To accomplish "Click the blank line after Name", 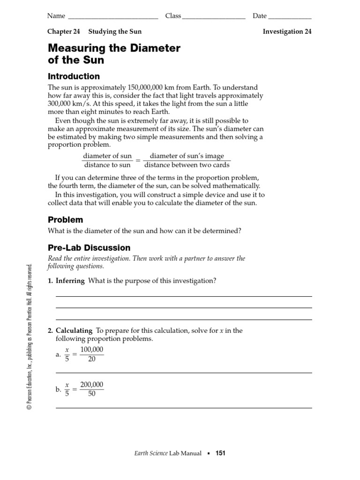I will tap(113, 17).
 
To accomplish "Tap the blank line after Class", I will tap(214, 17).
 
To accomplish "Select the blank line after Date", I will tap(290, 17).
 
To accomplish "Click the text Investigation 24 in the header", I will tap(287, 32).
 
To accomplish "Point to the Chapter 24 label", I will tap(63, 32).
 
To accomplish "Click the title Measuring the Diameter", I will tap(114, 48).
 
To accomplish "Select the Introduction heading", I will tap(74, 76).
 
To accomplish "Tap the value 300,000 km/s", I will tap(66, 104).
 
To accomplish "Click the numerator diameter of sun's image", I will tap(187, 156).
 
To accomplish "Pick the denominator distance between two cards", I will tap(187, 165).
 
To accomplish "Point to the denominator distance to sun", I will tap(107, 165).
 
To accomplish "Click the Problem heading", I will tap(66, 220).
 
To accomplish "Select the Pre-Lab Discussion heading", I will tap(89, 248).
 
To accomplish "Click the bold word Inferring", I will tap(70, 281).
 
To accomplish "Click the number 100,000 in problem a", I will tap(92, 350).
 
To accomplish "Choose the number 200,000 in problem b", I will tap(92, 385).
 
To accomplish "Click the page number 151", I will tap(220, 453).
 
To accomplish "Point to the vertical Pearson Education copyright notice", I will tap(29, 337).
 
